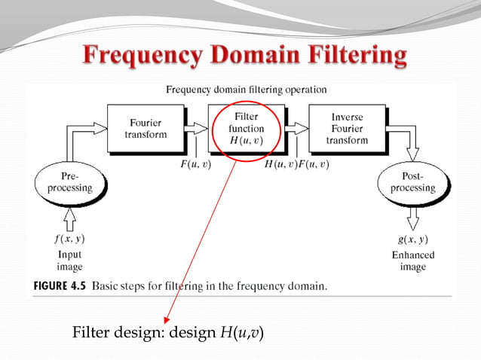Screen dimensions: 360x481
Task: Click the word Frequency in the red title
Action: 141,56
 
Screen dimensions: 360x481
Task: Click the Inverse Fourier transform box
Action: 347,128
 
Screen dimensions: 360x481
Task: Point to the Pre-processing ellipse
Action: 69,182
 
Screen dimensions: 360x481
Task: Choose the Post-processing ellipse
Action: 412,182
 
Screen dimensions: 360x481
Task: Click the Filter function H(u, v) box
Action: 246,128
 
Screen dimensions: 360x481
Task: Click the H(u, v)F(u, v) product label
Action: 296,164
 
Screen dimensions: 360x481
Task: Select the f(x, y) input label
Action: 69,239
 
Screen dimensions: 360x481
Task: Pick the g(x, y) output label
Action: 412,239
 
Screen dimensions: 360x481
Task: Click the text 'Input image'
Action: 69,261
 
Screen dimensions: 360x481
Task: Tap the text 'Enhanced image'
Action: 412,261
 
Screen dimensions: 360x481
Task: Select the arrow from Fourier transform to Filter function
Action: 197,128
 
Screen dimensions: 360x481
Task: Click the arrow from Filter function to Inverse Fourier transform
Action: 297,128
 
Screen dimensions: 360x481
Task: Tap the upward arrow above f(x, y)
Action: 69,218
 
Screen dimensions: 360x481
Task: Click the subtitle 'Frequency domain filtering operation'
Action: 247,89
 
